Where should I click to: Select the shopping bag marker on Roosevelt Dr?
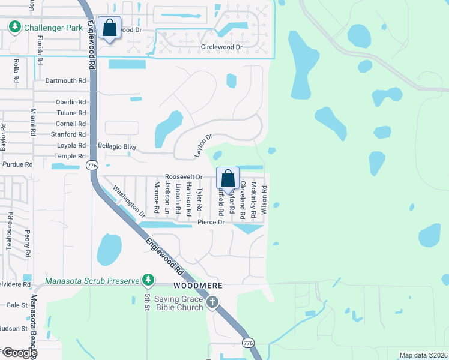point(228,179)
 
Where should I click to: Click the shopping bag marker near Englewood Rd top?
point(110,28)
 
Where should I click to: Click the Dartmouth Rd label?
point(66,80)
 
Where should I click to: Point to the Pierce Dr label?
point(211,223)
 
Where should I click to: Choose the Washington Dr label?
point(130,203)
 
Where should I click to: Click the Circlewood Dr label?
point(221,46)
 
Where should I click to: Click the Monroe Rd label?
point(157,197)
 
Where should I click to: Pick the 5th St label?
point(147,302)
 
